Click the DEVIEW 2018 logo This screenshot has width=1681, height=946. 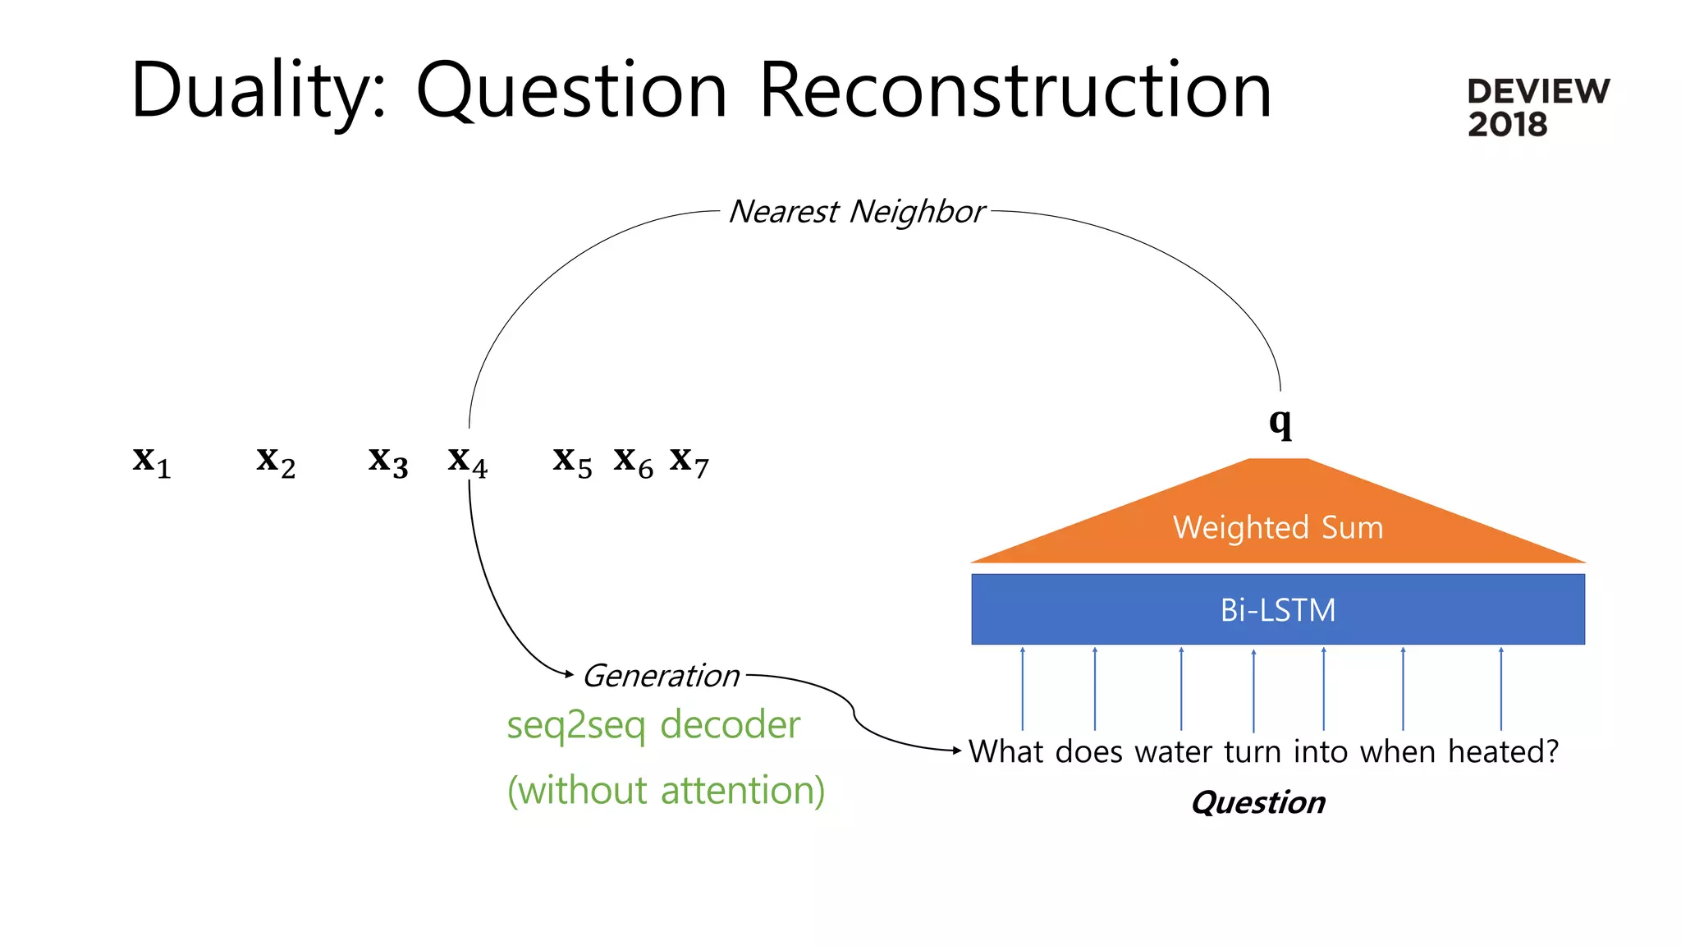[1537, 108]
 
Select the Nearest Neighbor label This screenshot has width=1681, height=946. [856, 212]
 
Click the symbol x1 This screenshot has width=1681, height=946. [152, 462]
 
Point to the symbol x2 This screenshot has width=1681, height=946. [276, 462]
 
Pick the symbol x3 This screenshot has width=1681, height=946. [388, 462]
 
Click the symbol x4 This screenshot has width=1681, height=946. [468, 462]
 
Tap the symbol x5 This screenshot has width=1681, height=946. [572, 462]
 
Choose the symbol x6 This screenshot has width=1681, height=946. [633, 462]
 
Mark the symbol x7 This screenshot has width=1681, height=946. [689, 462]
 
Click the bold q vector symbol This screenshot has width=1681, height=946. [1280, 423]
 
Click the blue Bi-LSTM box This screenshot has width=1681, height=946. [1278, 609]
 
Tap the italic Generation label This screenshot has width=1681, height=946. [661, 676]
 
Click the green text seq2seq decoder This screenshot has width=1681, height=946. [653, 725]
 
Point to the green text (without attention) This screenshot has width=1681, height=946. [666, 790]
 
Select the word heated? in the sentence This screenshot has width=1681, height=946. [1502, 752]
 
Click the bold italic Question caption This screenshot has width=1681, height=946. [1257, 802]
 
